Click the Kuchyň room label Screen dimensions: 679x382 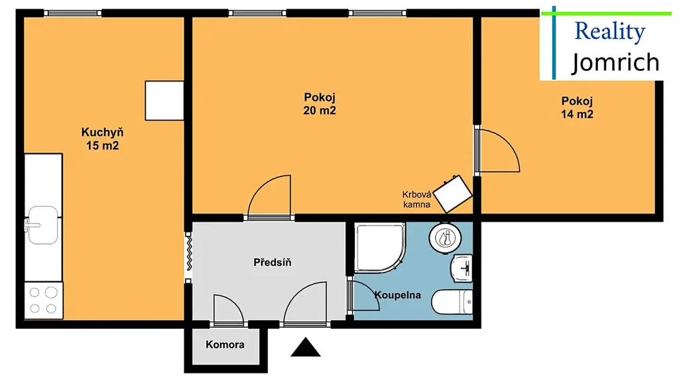(x=103, y=132)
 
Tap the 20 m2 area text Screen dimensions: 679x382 (x=320, y=111)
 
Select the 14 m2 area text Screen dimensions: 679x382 (x=578, y=114)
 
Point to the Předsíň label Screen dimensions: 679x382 (x=273, y=262)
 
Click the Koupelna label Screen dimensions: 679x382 (x=398, y=295)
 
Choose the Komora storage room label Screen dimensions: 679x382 (x=225, y=345)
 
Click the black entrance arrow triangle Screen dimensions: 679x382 (x=306, y=347)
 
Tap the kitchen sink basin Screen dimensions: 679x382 (x=42, y=225)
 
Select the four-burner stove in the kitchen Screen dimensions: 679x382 (x=44, y=300)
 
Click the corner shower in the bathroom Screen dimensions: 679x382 (x=380, y=248)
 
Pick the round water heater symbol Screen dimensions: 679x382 (x=445, y=238)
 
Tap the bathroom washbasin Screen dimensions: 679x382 (x=462, y=268)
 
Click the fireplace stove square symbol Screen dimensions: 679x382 (x=453, y=194)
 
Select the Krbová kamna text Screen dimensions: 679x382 (x=416, y=200)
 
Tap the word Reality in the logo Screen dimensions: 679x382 (x=610, y=31)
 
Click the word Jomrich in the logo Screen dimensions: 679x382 (x=615, y=63)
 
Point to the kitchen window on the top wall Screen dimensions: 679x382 (x=73, y=13)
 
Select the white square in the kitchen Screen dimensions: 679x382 (x=164, y=101)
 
